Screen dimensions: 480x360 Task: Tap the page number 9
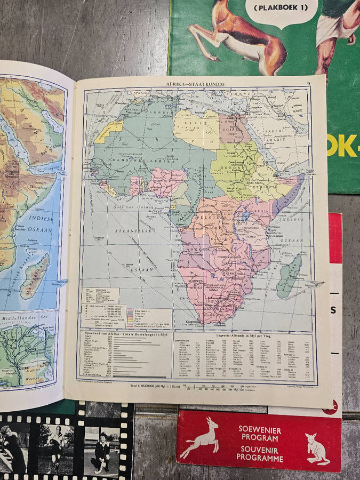[308, 83]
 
